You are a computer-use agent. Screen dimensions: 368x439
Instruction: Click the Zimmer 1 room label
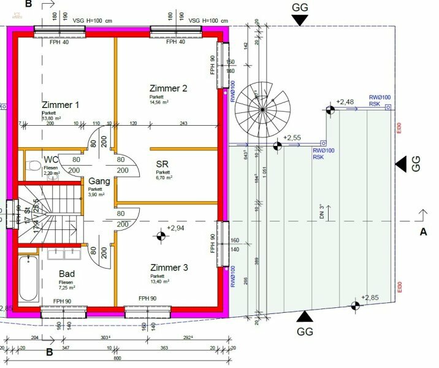pos(61,105)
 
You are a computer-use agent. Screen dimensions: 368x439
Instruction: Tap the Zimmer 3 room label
pos(169,268)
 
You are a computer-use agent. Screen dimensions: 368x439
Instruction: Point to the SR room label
pos(162,165)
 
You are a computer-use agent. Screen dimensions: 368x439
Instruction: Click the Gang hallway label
pos(99,182)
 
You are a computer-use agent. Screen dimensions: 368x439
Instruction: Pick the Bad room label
pos(67,274)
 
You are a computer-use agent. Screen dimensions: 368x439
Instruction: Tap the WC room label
pos(50,161)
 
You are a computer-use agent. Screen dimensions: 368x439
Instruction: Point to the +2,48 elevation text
pos(345,102)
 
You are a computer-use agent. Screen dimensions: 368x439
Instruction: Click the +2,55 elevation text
pos(293,139)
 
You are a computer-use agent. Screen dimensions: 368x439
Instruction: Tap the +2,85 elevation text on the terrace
pos(371,298)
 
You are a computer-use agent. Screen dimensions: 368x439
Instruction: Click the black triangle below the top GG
pos(299,20)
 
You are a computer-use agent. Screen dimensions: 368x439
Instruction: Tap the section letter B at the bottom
pos(49,352)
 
